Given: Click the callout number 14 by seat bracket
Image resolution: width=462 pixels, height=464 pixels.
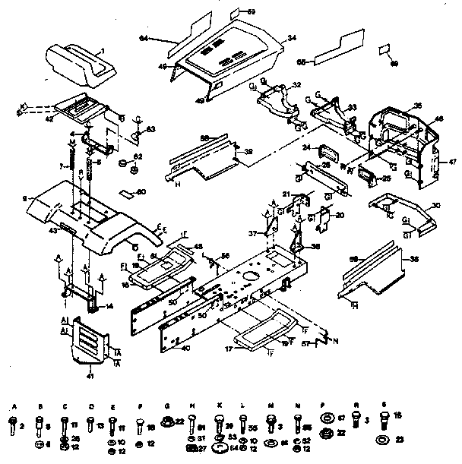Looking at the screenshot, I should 108,306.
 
